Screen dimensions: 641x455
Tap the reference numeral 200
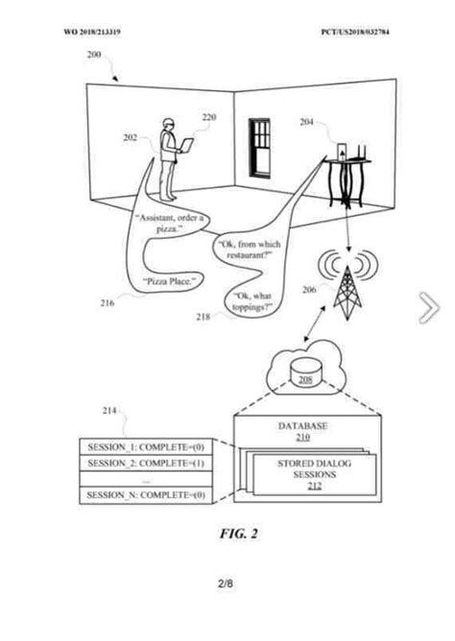[94, 57]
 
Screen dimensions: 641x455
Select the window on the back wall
[261, 146]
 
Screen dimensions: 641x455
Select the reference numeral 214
[110, 412]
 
